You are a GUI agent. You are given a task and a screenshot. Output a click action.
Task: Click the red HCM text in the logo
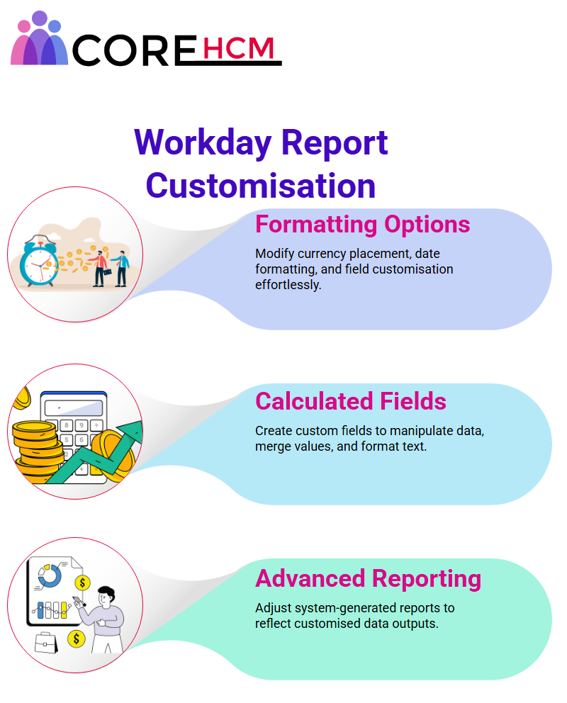click(x=238, y=48)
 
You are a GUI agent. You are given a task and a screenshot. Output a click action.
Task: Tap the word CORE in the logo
click(x=135, y=50)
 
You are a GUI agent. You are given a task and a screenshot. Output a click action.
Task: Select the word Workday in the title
click(x=203, y=143)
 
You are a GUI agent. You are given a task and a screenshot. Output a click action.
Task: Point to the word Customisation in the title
click(x=260, y=186)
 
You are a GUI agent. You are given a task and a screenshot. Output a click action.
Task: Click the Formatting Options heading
click(x=363, y=224)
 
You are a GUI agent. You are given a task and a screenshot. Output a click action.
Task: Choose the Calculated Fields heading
click(x=351, y=401)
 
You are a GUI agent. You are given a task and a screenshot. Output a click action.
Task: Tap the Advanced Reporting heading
click(x=368, y=578)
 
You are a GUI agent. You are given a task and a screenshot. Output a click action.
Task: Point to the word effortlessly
click(x=288, y=285)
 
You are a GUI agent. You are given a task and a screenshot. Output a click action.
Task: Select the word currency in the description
click(x=316, y=254)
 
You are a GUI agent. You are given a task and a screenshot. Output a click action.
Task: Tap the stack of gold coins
click(x=37, y=451)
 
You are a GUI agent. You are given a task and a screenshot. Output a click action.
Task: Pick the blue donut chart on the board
click(x=50, y=575)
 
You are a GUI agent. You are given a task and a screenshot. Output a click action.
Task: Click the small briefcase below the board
click(x=46, y=643)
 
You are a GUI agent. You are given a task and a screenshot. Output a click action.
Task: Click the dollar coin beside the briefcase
click(x=77, y=639)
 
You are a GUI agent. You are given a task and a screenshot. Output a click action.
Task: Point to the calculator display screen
click(x=74, y=407)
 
